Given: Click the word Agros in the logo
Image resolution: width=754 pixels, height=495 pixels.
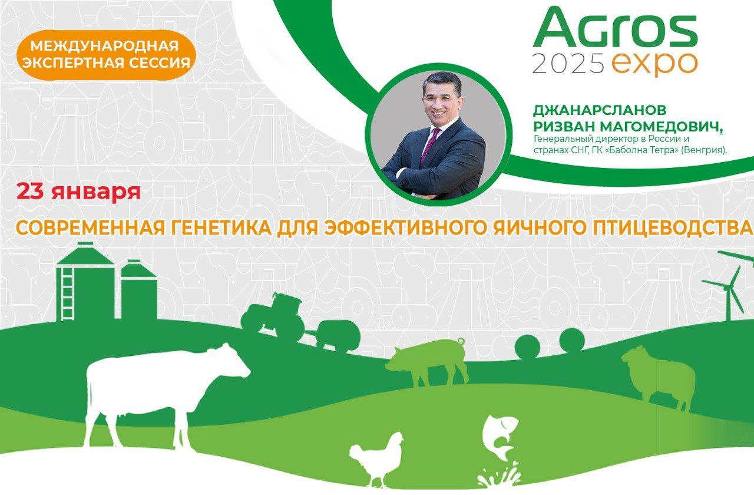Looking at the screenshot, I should (615, 29).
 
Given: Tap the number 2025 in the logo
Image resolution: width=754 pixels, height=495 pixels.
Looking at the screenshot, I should (568, 63).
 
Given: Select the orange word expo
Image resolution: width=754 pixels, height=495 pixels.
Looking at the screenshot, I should (654, 63).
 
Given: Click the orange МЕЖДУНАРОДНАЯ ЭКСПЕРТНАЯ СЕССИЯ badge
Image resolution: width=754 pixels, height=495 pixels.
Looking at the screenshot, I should (104, 54).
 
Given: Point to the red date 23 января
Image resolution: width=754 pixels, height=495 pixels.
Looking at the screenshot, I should (78, 192).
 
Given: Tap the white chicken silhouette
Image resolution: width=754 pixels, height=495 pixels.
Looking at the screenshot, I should (377, 457).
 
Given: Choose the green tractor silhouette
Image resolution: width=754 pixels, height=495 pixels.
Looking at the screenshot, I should (274, 318).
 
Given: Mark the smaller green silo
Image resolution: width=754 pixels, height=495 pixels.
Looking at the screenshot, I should (139, 292).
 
